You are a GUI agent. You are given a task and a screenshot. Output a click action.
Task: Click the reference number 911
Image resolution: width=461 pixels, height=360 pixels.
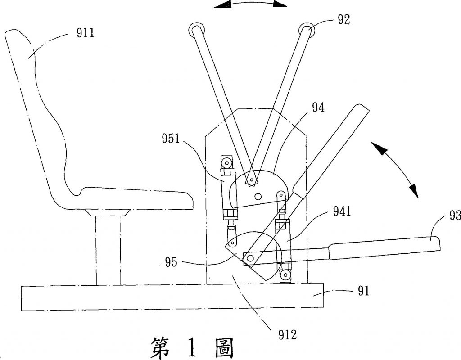pyautogui.click(x=85, y=32)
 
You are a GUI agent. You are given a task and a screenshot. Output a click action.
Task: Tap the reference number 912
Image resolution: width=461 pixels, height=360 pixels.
pyautogui.click(x=287, y=334)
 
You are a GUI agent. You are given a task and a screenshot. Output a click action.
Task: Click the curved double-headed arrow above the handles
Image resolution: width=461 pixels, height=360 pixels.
pyautogui.click(x=250, y=4)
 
